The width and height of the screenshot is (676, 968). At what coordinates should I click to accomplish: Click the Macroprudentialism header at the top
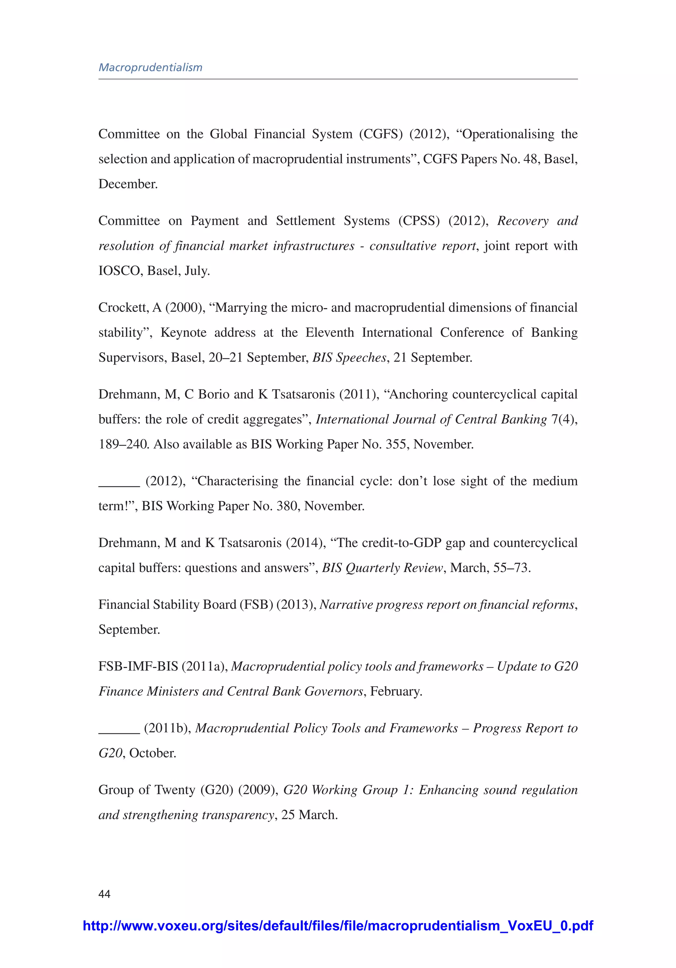tap(151, 67)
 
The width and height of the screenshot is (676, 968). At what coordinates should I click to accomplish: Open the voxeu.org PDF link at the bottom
tap(338, 926)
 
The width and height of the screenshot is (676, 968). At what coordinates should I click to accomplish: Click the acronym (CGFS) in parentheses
tap(380, 134)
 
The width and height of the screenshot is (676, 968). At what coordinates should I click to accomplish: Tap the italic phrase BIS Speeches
tap(349, 358)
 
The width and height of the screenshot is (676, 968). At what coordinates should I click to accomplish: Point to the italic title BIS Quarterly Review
tap(382, 568)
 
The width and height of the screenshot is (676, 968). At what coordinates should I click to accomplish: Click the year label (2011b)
tap(167, 728)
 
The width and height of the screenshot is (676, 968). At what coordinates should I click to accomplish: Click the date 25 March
tap(309, 815)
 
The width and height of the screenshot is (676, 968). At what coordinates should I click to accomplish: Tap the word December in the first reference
tap(128, 184)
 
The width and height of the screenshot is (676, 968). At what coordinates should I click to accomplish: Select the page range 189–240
tap(123, 445)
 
